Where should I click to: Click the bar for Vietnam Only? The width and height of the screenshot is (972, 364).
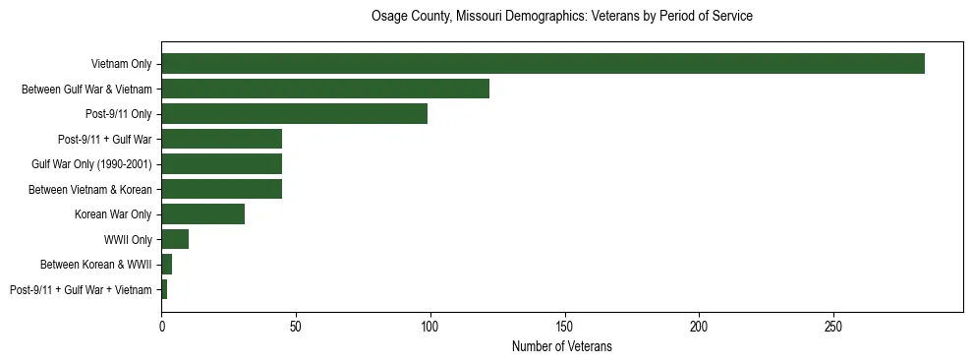543,64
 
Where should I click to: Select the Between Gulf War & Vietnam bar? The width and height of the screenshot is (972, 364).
325,89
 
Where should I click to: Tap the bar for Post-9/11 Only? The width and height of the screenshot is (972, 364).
294,114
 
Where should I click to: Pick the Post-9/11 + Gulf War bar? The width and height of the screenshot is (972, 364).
221,139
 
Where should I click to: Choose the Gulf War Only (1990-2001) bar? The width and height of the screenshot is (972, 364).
221,164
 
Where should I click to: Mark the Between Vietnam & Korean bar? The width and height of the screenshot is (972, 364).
221,189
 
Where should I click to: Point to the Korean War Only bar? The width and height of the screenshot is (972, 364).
202,214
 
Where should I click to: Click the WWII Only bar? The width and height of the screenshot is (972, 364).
175,239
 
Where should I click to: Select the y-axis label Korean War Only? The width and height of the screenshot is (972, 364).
113,214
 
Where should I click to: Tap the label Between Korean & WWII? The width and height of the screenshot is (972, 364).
96,265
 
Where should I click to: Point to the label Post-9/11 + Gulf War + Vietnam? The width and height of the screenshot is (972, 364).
81,290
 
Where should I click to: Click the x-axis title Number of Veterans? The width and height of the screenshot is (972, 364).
561,346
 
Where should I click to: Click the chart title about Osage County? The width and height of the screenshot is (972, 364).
561,17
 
